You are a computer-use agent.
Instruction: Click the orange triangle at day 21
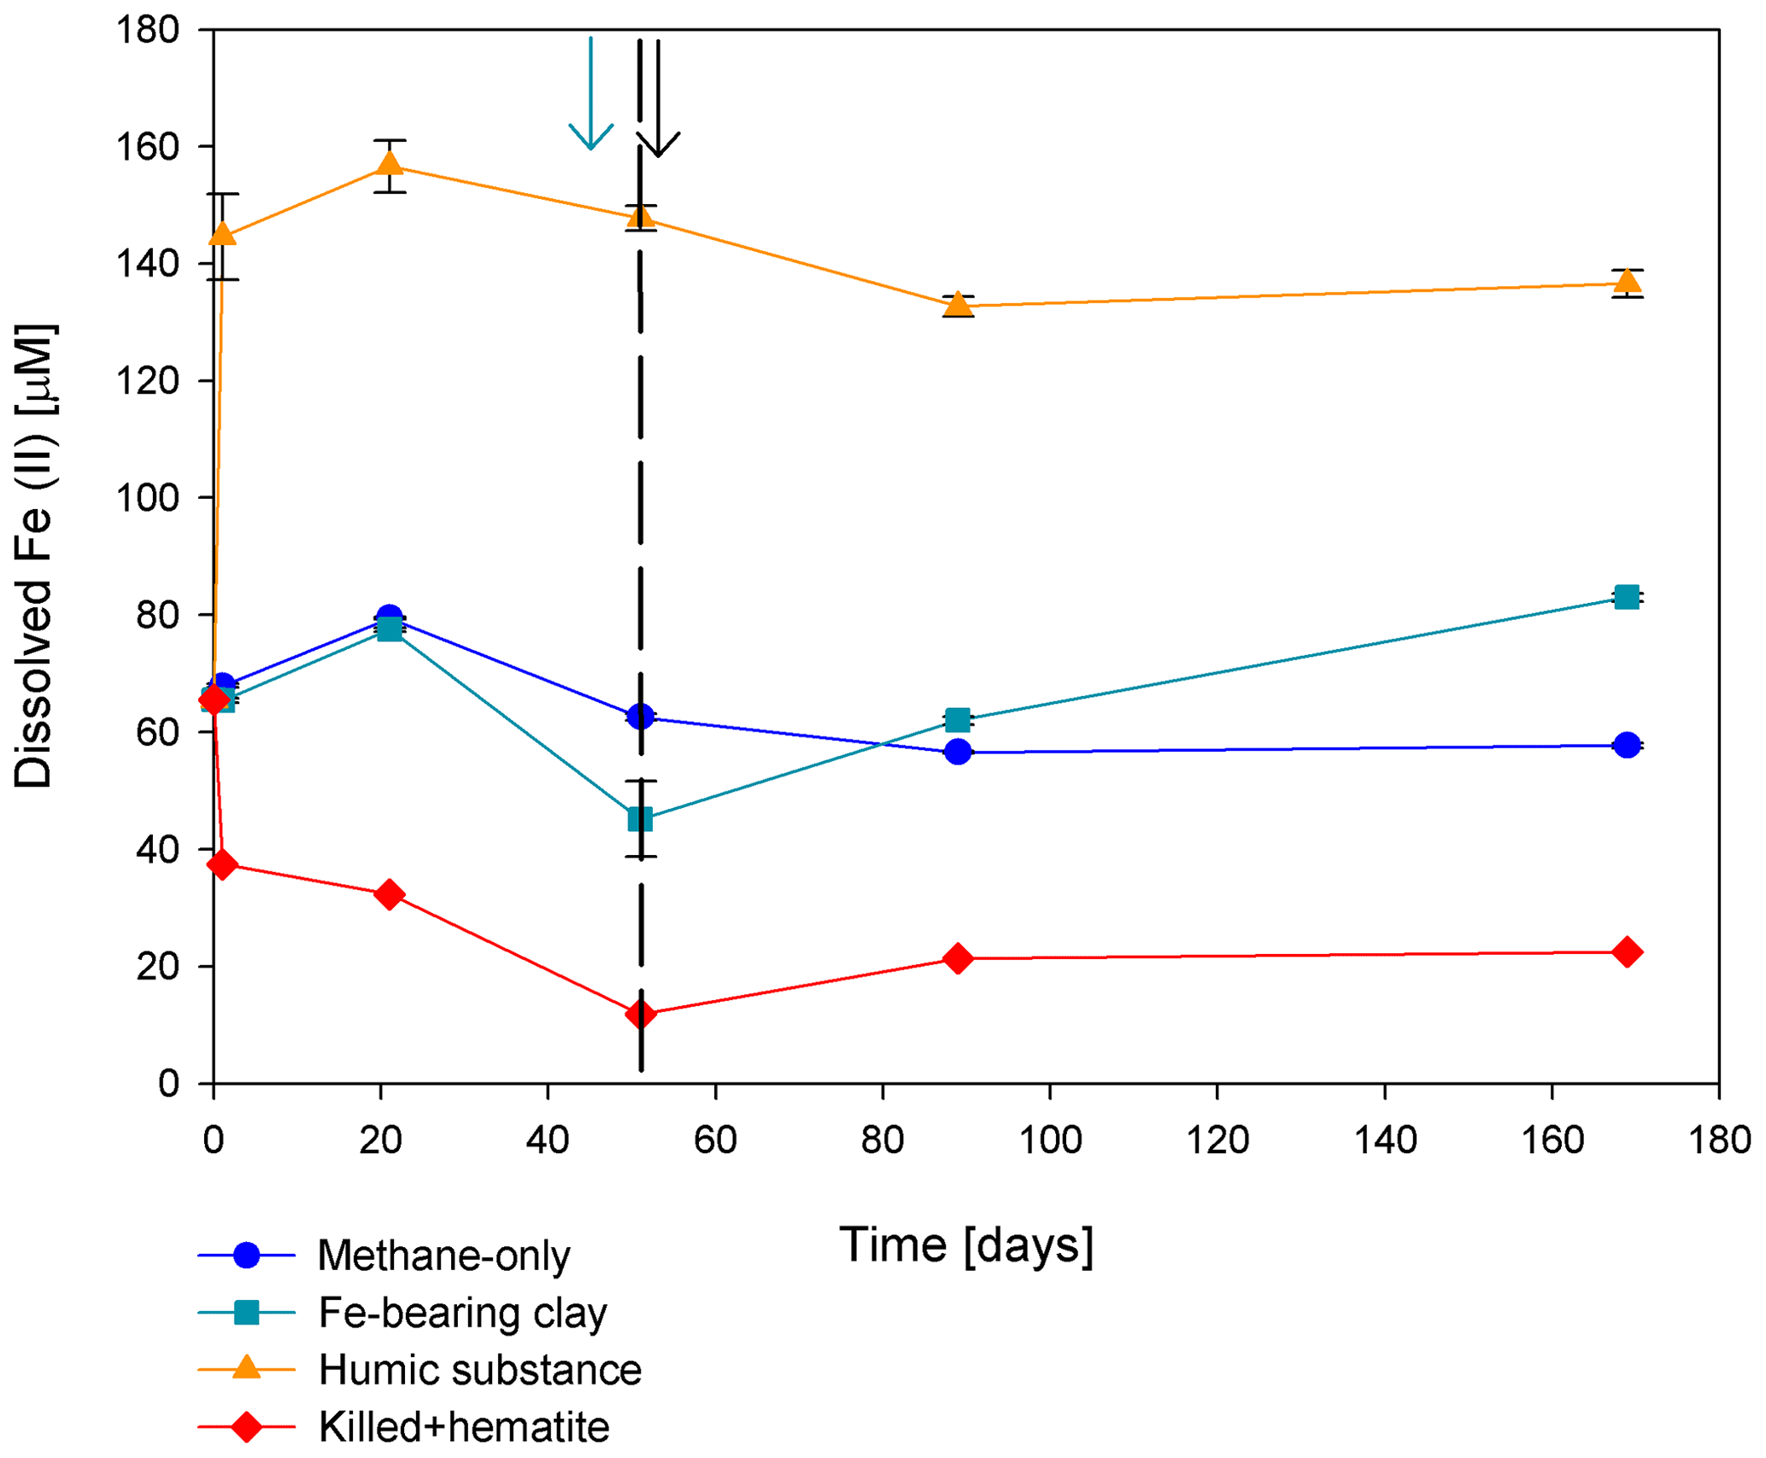pos(390,163)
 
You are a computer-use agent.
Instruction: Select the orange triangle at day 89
pos(959,305)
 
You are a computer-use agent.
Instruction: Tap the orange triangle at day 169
pos(1628,282)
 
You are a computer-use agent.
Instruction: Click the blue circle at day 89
pos(959,752)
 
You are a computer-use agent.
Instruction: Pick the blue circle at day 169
pos(1628,745)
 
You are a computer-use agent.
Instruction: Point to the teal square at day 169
pos(1628,597)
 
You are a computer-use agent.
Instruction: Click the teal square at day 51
pos(640,819)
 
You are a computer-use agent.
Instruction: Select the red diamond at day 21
pos(390,894)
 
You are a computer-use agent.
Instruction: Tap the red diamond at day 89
pos(959,958)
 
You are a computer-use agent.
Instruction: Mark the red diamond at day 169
pos(1628,952)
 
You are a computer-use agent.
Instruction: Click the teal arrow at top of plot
pos(591,94)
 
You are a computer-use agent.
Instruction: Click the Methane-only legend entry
pos(443,1256)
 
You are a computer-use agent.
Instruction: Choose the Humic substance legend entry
pos(478,1370)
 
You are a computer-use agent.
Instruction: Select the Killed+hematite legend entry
pos(463,1427)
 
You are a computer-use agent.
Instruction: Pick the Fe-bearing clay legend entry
pos(461,1313)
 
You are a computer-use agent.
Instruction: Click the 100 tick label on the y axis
pos(148,498)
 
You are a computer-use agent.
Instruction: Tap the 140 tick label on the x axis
pos(1384,1140)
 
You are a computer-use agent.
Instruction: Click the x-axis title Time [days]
pos(966,1245)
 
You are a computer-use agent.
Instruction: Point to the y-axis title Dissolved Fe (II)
pos(34,555)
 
